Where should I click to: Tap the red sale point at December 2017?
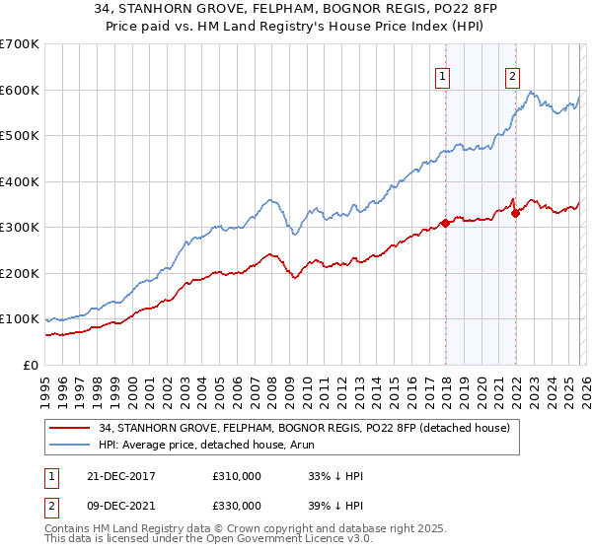[446, 223]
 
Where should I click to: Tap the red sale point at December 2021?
[515, 214]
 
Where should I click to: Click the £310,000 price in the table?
[236, 475]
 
